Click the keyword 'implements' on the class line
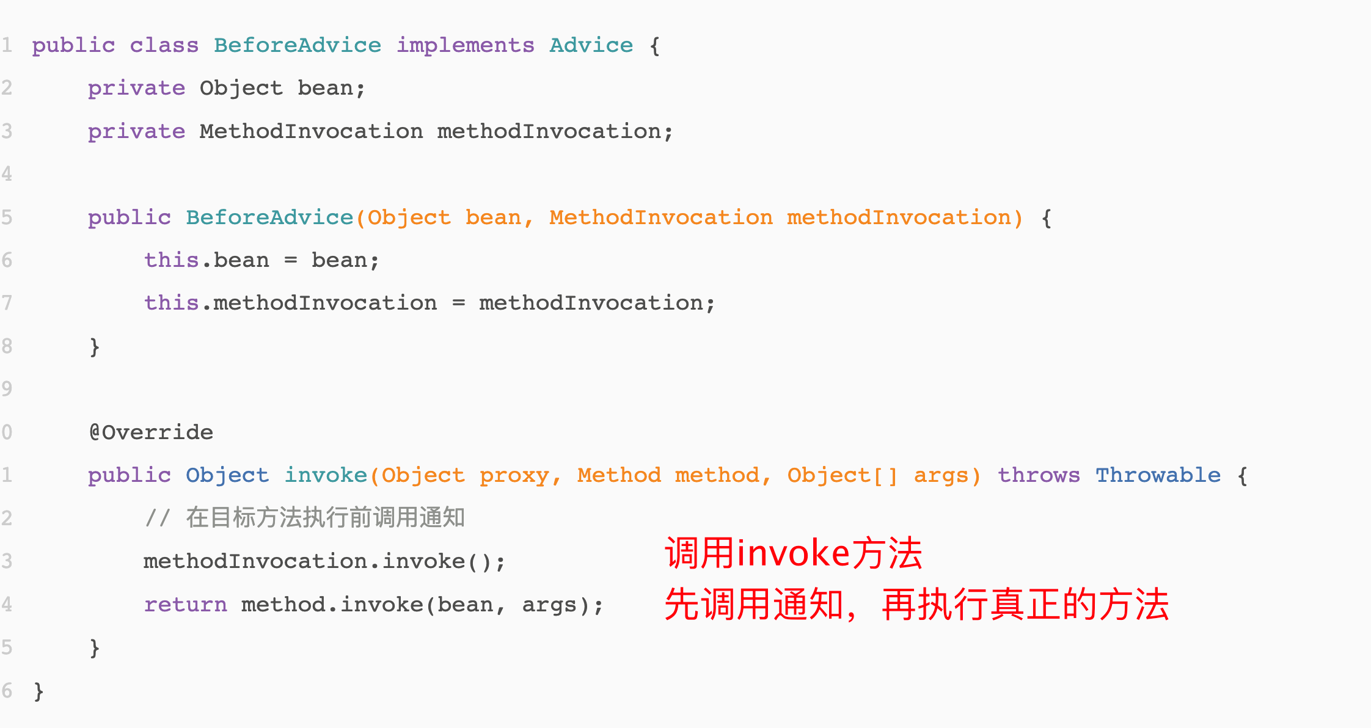click(466, 46)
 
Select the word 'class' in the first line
click(164, 45)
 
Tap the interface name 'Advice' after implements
click(591, 45)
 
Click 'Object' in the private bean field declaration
click(241, 89)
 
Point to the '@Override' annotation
click(151, 432)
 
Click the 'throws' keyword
click(1039, 475)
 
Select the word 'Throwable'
click(1158, 475)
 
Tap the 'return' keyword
click(185, 605)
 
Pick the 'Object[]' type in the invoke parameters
click(843, 475)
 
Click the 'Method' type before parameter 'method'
click(619, 475)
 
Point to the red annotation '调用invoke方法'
click(794, 553)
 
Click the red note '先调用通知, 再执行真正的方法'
click(916, 605)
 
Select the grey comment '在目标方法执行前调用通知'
click(326, 518)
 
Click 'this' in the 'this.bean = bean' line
click(172, 260)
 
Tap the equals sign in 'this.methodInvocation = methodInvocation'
click(459, 304)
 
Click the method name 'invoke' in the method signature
click(326, 475)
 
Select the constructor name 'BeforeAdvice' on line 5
click(269, 217)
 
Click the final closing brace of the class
click(38, 691)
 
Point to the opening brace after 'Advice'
click(655, 46)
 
